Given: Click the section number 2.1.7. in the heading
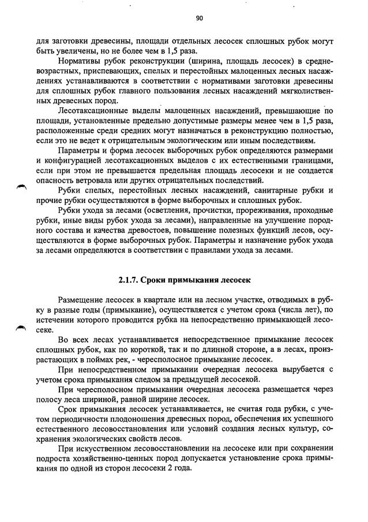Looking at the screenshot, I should point(129,280).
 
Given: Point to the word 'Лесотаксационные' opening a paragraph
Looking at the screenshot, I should point(95,111).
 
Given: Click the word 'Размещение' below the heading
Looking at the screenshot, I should point(84,300).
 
